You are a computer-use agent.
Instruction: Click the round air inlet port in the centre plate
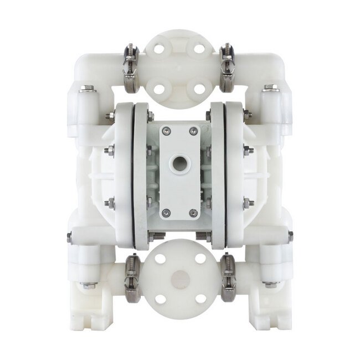[x=179, y=163]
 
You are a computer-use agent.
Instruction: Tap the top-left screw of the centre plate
[x=166, y=131]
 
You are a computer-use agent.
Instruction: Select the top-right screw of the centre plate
[x=193, y=131]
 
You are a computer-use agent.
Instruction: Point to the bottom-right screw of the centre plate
[x=193, y=212]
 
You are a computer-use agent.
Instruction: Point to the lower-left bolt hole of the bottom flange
[x=160, y=300]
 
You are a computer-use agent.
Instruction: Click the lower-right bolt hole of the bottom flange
[x=200, y=300]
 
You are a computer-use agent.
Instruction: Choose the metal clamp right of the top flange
[x=228, y=69]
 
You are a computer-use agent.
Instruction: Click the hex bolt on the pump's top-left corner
[x=87, y=88]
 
